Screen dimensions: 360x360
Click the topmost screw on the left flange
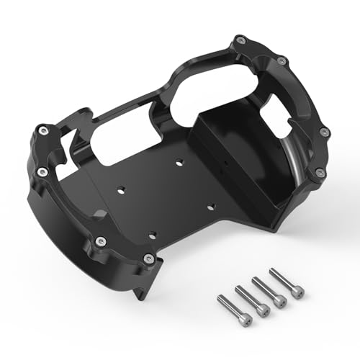[x=42, y=130]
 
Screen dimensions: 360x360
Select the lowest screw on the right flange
[x=319, y=171]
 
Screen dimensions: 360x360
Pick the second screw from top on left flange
[x=42, y=171]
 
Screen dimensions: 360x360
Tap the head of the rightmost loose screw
[x=295, y=291]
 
